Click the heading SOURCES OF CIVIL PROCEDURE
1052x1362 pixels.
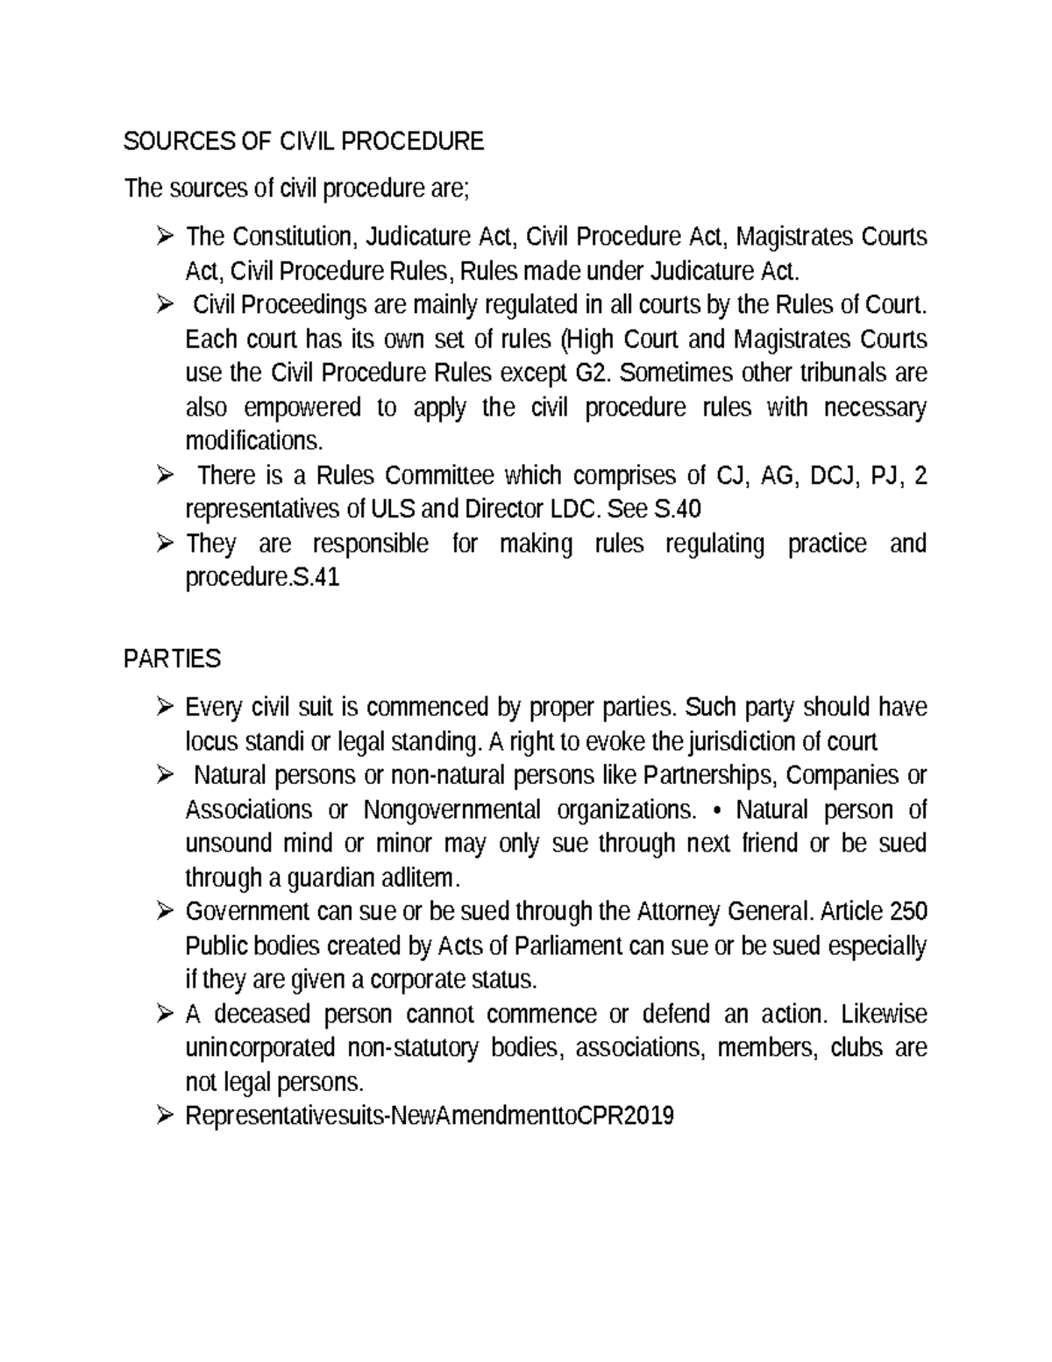pyautogui.click(x=303, y=141)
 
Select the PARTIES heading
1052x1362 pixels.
pyautogui.click(x=173, y=658)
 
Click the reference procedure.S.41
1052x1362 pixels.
pyautogui.click(x=262, y=578)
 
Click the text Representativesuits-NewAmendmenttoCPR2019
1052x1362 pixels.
pyautogui.click(x=430, y=1116)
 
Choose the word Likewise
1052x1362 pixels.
pyautogui.click(x=884, y=1015)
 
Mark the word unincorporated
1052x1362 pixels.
pyautogui.click(x=260, y=1049)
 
